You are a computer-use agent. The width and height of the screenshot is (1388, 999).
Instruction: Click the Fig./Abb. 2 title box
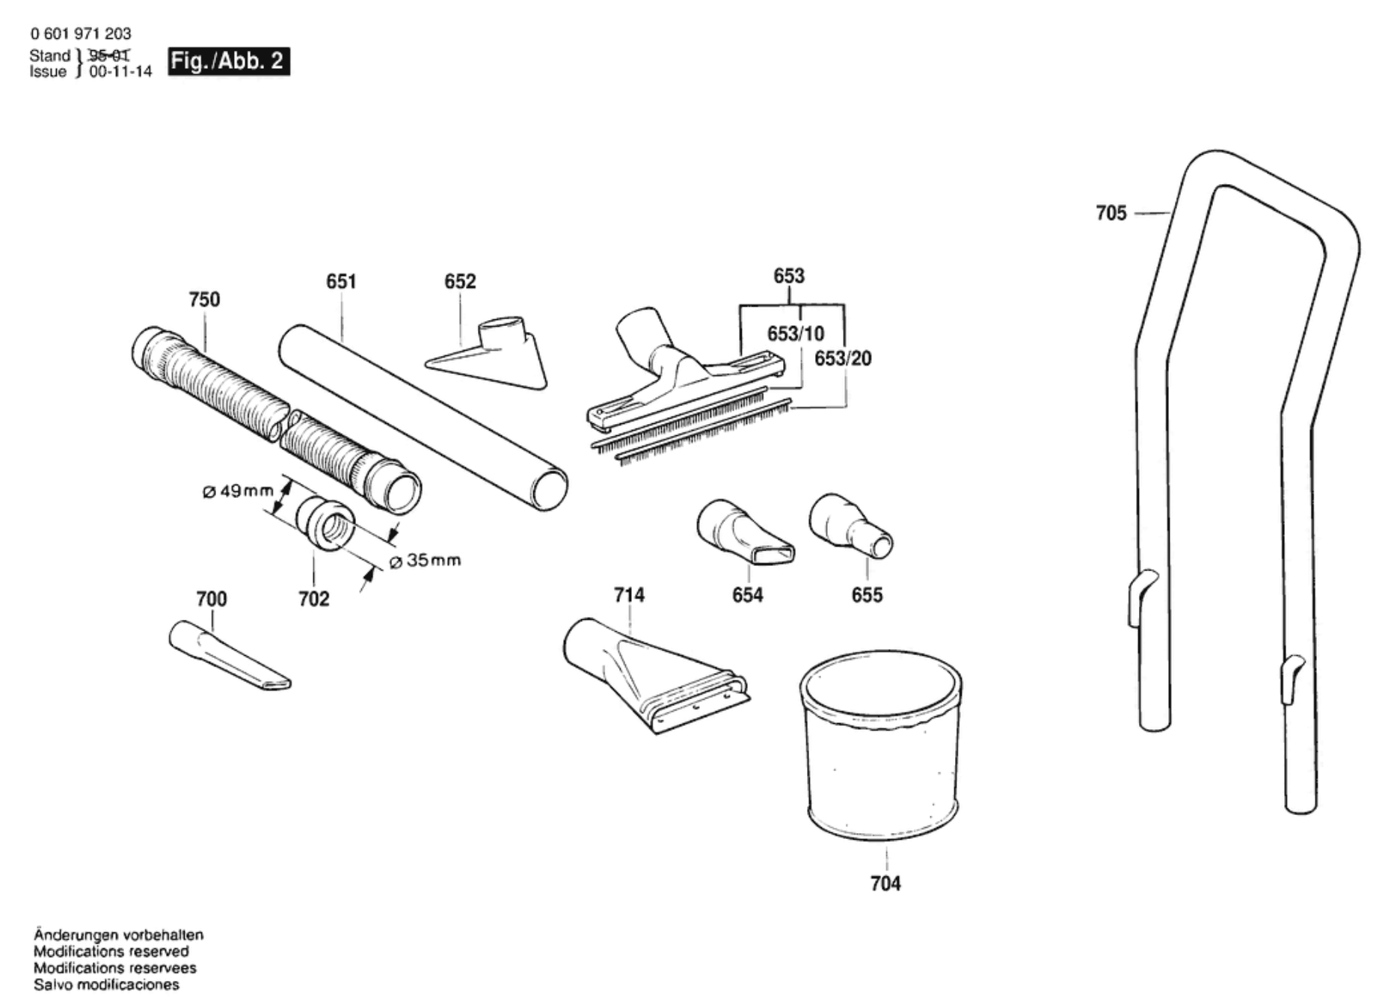click(x=228, y=61)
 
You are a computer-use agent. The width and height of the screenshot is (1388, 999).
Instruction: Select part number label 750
click(x=204, y=300)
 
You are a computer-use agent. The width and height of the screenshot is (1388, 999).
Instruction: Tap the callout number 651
click(x=341, y=282)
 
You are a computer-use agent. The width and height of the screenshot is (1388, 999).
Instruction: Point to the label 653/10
click(x=795, y=333)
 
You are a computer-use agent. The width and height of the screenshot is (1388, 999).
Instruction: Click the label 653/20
click(x=843, y=359)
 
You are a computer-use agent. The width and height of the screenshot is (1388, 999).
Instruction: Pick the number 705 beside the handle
click(x=1111, y=214)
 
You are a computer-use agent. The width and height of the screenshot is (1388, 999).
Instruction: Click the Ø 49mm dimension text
click(x=239, y=491)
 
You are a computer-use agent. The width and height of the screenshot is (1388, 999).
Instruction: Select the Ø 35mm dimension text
click(x=426, y=561)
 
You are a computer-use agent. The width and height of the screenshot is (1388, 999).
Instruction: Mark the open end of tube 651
click(x=550, y=490)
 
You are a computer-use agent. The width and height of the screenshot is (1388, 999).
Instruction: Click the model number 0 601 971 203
click(x=81, y=34)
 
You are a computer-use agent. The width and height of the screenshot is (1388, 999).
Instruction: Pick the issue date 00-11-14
click(x=120, y=72)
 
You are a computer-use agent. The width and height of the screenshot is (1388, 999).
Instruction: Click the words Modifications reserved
click(x=111, y=952)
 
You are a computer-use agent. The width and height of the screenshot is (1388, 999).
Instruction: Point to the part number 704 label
click(x=885, y=884)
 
